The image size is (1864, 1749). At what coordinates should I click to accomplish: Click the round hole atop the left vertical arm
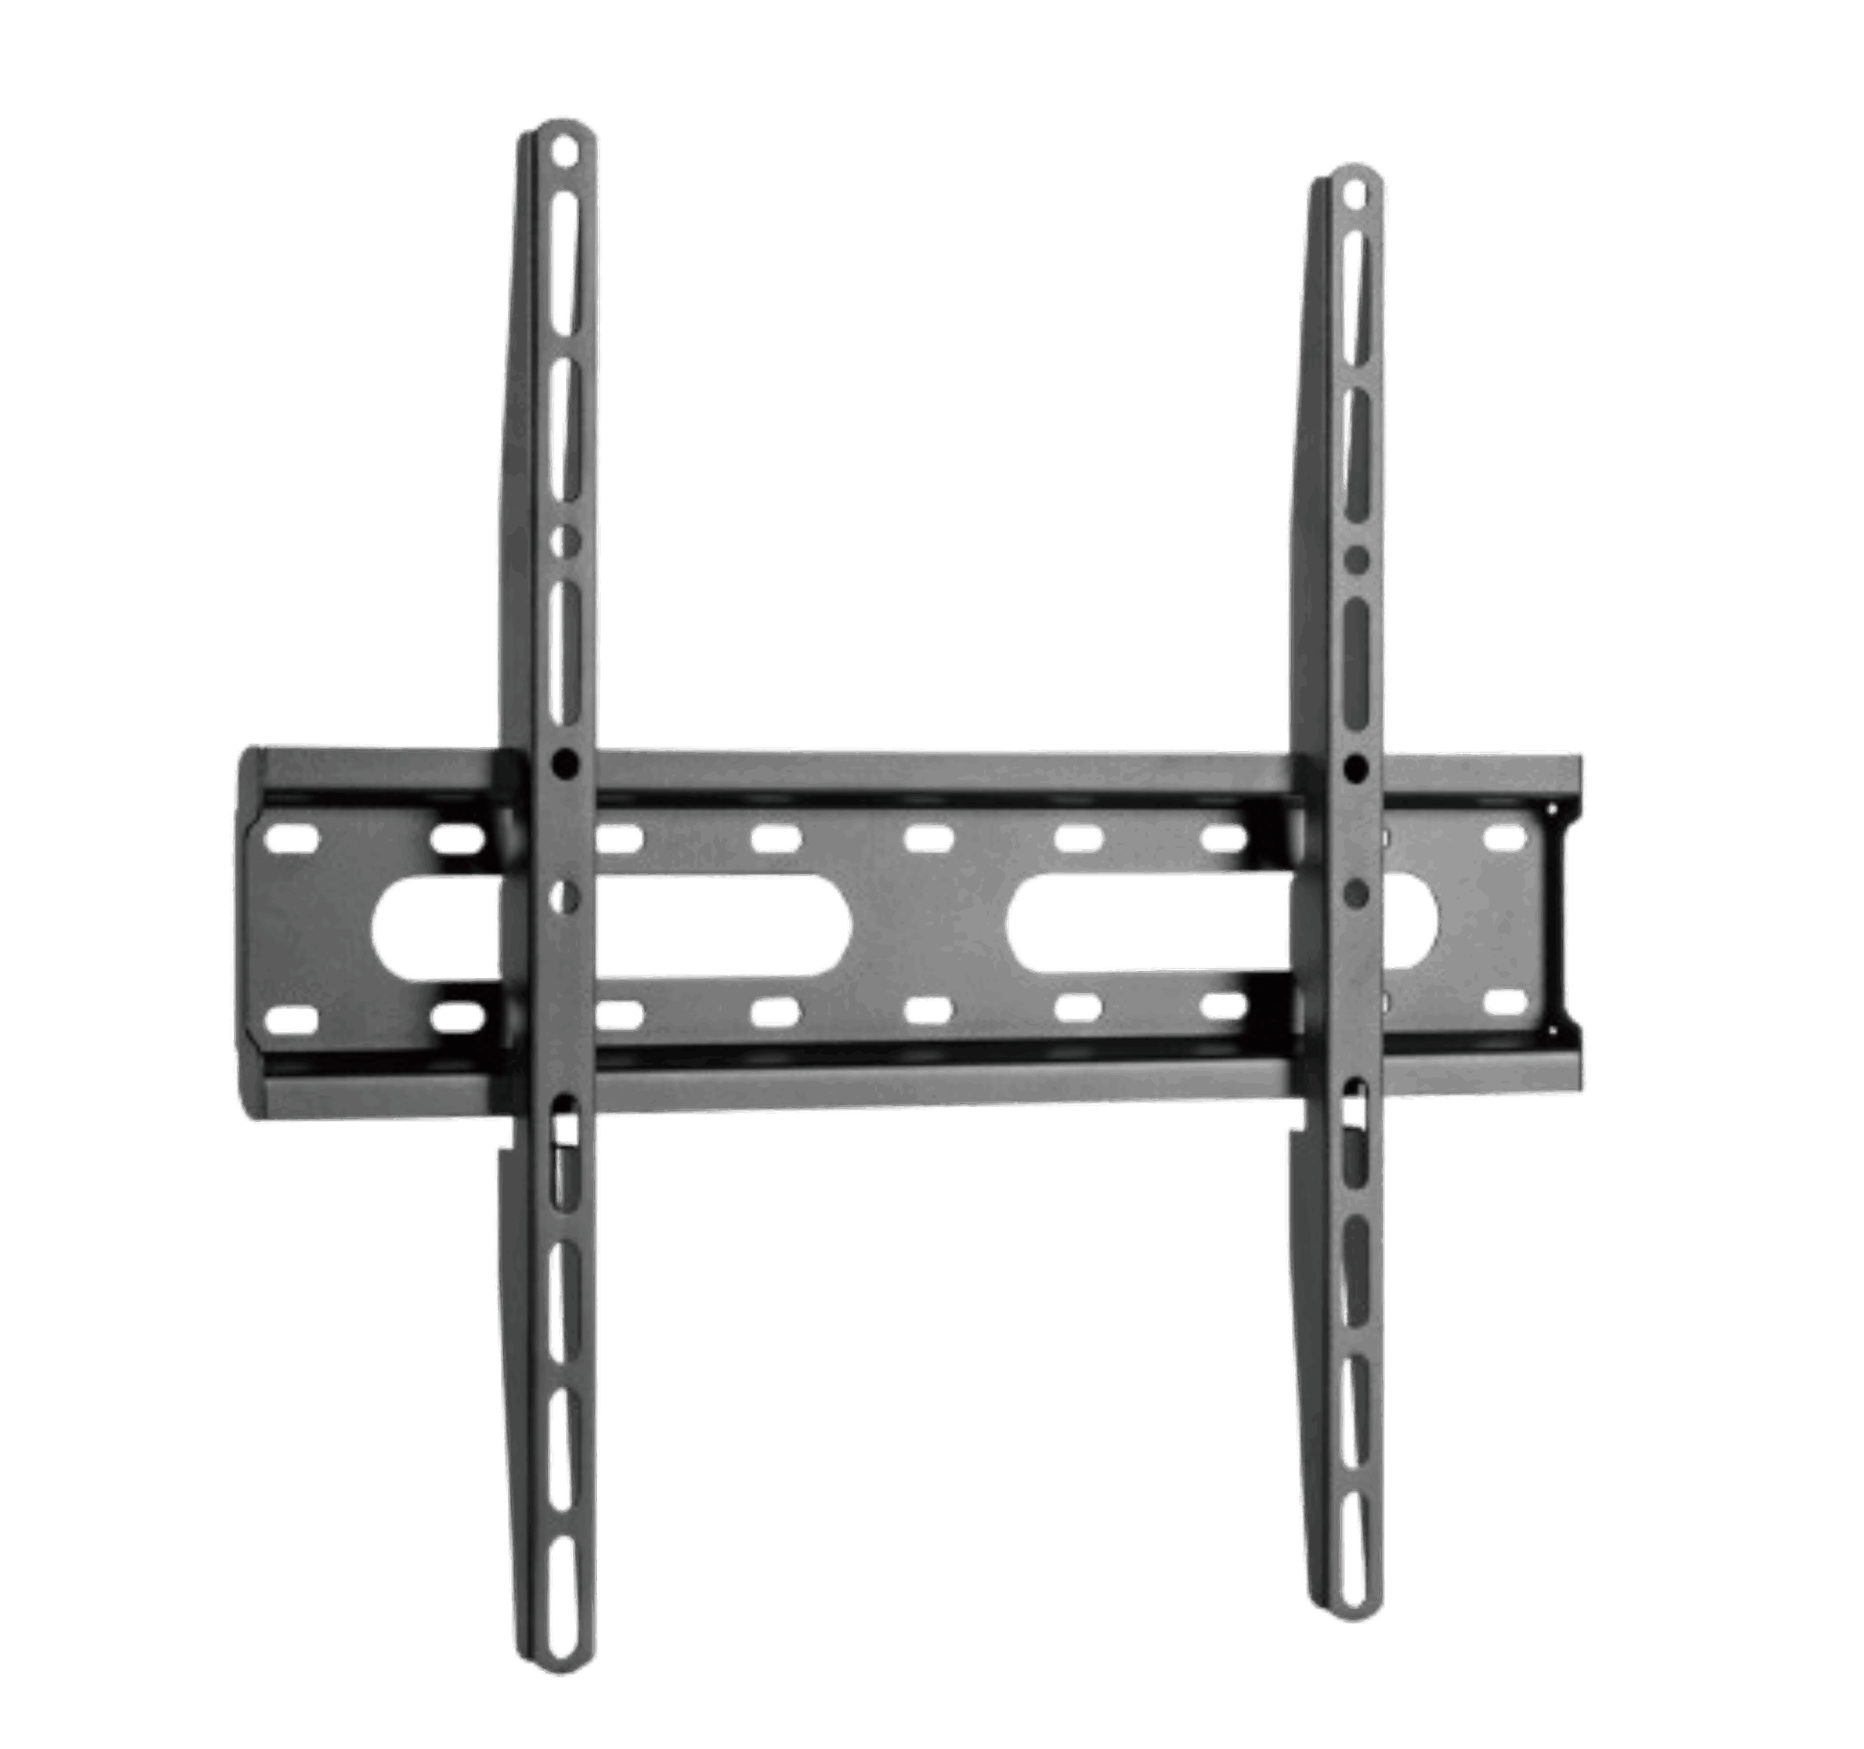click(x=564, y=151)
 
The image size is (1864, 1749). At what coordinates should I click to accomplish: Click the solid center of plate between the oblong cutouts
click(x=928, y=924)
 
